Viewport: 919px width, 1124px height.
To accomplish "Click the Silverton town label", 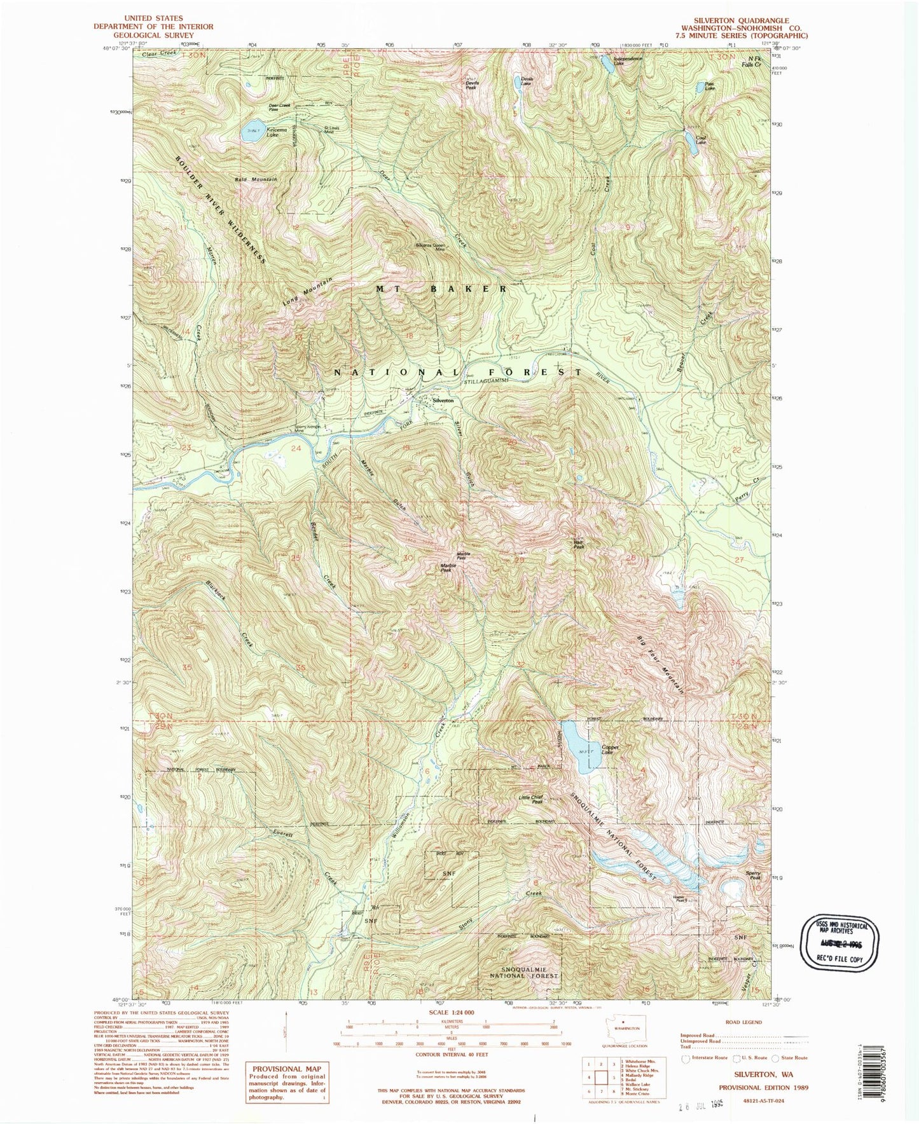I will [443, 401].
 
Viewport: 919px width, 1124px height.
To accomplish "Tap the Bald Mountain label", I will [256, 180].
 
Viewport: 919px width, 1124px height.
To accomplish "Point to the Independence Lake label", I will [628, 61].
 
